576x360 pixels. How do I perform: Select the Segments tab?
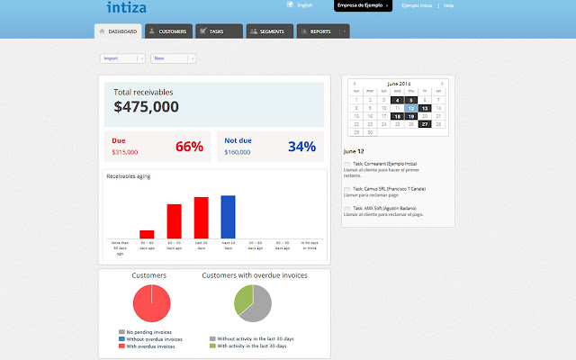[268, 31]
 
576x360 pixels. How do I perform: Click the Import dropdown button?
[122, 58]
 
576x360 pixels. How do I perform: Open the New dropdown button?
[174, 58]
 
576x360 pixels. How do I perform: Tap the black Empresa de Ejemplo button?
[363, 5]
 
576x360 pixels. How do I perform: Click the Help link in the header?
[448, 5]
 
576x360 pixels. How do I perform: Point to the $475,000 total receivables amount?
[146, 107]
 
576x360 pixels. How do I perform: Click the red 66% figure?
[189, 147]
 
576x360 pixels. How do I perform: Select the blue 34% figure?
[301, 147]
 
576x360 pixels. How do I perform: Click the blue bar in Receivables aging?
[228, 217]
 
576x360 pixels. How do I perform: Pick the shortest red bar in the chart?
[147, 234]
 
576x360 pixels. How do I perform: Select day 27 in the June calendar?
[425, 123]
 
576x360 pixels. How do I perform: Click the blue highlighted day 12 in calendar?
[411, 108]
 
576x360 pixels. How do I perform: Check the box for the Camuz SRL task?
[347, 187]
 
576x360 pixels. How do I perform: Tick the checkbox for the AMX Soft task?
[347, 208]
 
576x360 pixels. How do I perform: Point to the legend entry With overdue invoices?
[149, 346]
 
